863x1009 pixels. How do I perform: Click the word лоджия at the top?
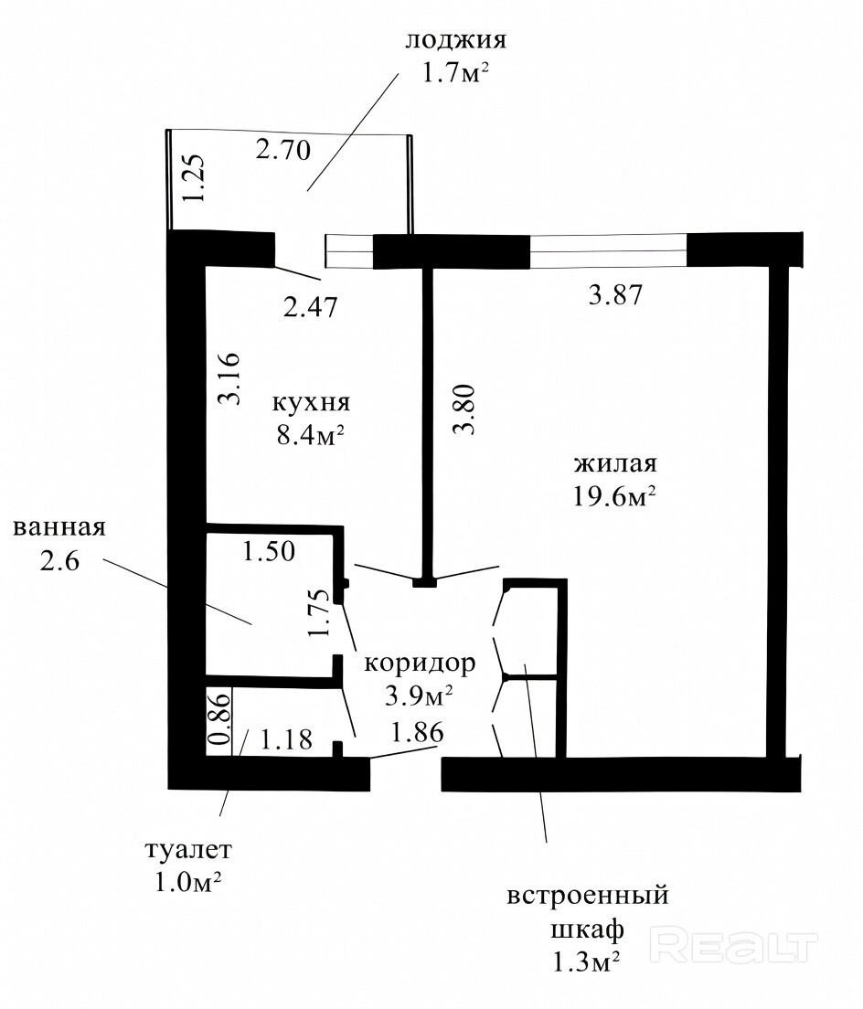[x=455, y=40]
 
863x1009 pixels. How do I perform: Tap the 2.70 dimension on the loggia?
[x=282, y=150]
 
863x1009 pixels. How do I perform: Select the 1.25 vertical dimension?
[x=193, y=177]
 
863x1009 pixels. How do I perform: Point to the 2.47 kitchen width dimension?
[x=310, y=306]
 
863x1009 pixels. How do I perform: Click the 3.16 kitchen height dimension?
[x=229, y=378]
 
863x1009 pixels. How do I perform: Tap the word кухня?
[x=311, y=403]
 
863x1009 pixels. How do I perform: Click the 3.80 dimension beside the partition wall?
[x=464, y=409]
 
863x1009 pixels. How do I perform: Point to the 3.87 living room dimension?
[x=616, y=294]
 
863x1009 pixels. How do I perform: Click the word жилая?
[x=615, y=463]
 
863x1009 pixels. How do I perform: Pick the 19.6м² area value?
[x=614, y=496]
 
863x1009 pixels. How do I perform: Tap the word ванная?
[x=59, y=527]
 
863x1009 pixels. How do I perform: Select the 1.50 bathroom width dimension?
[x=269, y=551]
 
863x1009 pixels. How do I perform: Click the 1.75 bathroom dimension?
[x=320, y=613]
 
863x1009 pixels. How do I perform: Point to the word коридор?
[x=420, y=663]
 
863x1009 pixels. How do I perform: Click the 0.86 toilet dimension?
[x=218, y=717]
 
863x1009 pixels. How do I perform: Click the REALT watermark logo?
[x=734, y=945]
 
